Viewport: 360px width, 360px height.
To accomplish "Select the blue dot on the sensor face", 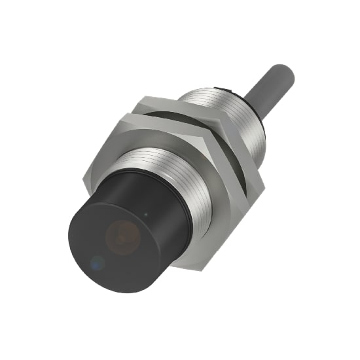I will coord(97,263).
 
